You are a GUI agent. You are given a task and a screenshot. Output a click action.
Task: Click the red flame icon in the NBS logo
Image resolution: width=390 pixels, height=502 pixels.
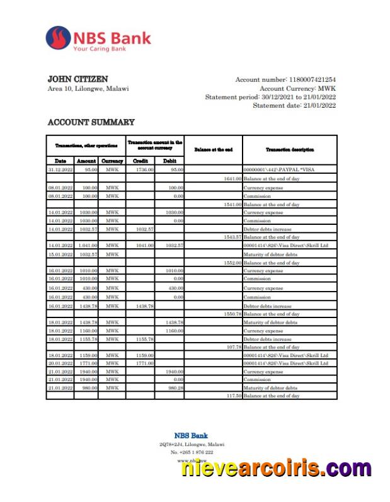[58, 38]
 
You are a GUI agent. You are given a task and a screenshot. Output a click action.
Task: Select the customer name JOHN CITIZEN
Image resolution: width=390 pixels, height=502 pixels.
[77, 79]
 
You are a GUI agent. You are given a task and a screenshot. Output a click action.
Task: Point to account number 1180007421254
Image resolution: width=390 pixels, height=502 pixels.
[312, 79]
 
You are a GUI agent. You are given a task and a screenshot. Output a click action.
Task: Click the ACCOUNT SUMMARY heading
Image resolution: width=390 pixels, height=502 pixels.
[91, 122]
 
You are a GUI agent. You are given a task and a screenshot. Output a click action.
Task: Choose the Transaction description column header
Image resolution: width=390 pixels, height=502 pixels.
[289, 149]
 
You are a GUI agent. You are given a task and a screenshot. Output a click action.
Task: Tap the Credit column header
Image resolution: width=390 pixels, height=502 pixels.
[141, 161]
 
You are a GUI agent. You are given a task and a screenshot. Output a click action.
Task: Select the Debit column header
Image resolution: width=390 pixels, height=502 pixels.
[169, 161]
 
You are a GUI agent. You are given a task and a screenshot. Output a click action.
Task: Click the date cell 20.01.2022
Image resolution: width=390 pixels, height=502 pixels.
[60, 363]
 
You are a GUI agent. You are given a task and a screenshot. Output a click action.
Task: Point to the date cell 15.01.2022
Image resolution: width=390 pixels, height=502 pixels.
[60, 254]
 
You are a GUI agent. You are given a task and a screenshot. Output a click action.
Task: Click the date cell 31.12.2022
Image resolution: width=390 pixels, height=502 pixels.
[60, 170]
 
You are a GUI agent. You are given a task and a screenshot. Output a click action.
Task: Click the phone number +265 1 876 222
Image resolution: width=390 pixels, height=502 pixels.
[192, 452]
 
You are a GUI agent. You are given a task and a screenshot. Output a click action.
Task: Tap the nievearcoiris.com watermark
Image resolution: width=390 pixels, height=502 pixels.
[277, 469]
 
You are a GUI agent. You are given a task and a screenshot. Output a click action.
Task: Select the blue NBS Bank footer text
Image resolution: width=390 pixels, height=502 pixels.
[191, 435]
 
